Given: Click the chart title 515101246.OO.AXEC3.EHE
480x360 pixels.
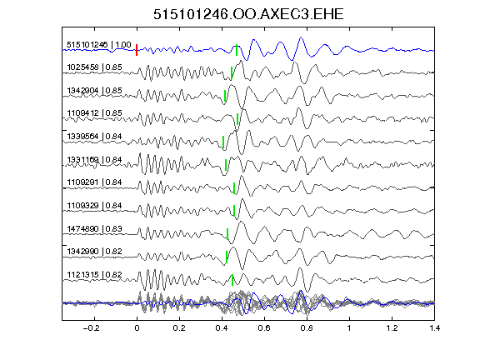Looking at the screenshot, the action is pyautogui.click(x=248, y=14).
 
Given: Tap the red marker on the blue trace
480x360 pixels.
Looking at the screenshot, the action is pyautogui.click(x=137, y=50).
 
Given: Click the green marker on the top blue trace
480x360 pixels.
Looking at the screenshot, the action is pyautogui.click(x=237, y=50).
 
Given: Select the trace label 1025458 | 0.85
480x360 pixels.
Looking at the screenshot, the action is pyautogui.click(x=95, y=67).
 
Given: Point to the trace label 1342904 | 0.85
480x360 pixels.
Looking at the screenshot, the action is pyautogui.click(x=95, y=91).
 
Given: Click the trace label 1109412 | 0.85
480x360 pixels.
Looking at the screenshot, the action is pyautogui.click(x=95, y=113).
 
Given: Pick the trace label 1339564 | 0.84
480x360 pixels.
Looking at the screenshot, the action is pyautogui.click(x=95, y=136).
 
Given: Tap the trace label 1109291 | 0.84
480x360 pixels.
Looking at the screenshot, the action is pyautogui.click(x=95, y=182).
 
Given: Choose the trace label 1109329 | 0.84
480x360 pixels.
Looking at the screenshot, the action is pyautogui.click(x=95, y=205).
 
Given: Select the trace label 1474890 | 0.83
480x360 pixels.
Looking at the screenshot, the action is pyautogui.click(x=95, y=228).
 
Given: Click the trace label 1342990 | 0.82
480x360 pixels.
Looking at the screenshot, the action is pyautogui.click(x=95, y=252).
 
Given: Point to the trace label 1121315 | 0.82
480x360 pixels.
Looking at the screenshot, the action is pyautogui.click(x=95, y=275).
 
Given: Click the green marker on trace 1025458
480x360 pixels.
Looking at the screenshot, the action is pyautogui.click(x=232, y=72).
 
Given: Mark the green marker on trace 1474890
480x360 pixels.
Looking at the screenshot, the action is pyautogui.click(x=227, y=234).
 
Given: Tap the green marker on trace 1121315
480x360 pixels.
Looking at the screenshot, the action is pyautogui.click(x=232, y=280).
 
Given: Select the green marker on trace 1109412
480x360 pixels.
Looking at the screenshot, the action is pyautogui.click(x=237, y=119).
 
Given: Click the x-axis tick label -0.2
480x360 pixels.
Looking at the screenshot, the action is pyautogui.click(x=92, y=328).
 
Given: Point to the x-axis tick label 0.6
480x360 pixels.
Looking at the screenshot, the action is pyautogui.click(x=264, y=328).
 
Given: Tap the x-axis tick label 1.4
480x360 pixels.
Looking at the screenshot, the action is pyautogui.click(x=435, y=328).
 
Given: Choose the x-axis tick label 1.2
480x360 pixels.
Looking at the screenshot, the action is pyautogui.click(x=392, y=328).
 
